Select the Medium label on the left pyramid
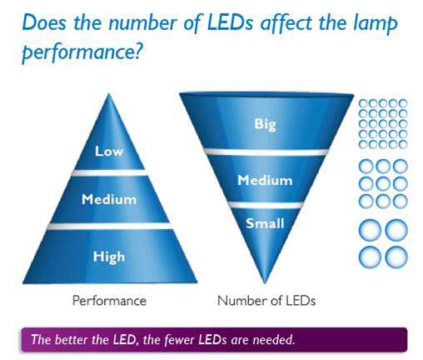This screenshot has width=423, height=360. click(109, 199)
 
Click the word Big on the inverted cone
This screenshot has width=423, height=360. click(265, 124)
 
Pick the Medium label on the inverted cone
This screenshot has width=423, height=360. click(265, 180)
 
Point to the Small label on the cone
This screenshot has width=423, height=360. click(265, 222)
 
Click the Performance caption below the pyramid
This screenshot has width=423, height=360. click(109, 300)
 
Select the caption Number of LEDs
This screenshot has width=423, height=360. click(266, 300)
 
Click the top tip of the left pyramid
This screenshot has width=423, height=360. click(109, 95)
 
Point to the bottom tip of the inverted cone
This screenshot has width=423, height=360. click(265, 282)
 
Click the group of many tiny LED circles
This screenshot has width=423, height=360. click(382, 123)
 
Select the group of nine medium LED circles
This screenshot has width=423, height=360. click(382, 182)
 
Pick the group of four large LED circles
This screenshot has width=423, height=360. click(382, 242)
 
